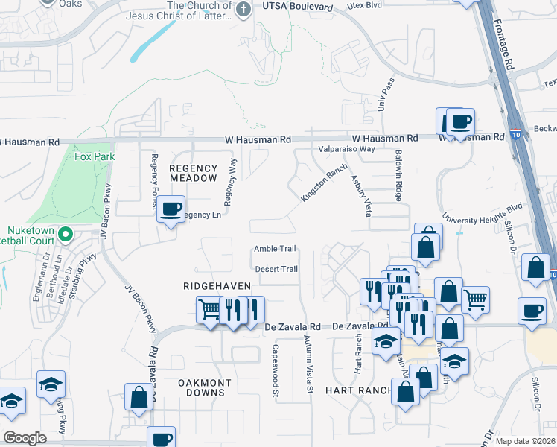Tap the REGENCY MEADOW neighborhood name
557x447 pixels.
(x=193, y=173)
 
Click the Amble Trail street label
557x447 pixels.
(x=275, y=249)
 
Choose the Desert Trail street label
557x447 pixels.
(x=276, y=269)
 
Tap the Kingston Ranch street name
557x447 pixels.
(x=324, y=183)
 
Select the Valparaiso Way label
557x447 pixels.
(x=346, y=149)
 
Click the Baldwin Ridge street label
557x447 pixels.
(x=399, y=181)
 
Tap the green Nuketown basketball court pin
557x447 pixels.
(x=65, y=234)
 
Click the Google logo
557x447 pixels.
(x=25, y=438)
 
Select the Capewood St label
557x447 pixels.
(x=276, y=369)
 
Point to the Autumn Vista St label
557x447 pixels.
(x=308, y=364)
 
